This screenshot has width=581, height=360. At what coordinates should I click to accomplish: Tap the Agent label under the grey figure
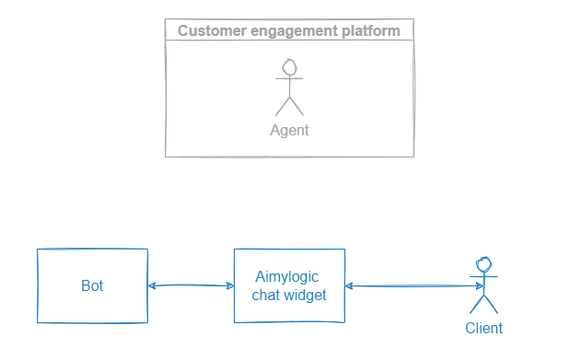(289, 130)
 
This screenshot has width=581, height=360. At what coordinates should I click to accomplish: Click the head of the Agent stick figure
(289, 68)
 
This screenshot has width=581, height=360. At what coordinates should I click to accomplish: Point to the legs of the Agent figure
(289, 105)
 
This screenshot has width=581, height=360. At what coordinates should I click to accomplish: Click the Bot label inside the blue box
(92, 285)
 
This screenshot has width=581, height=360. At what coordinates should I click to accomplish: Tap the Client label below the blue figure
(483, 328)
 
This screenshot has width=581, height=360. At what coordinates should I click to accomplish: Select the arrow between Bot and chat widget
(191, 286)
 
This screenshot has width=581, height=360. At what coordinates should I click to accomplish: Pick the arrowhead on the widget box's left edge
(229, 286)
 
